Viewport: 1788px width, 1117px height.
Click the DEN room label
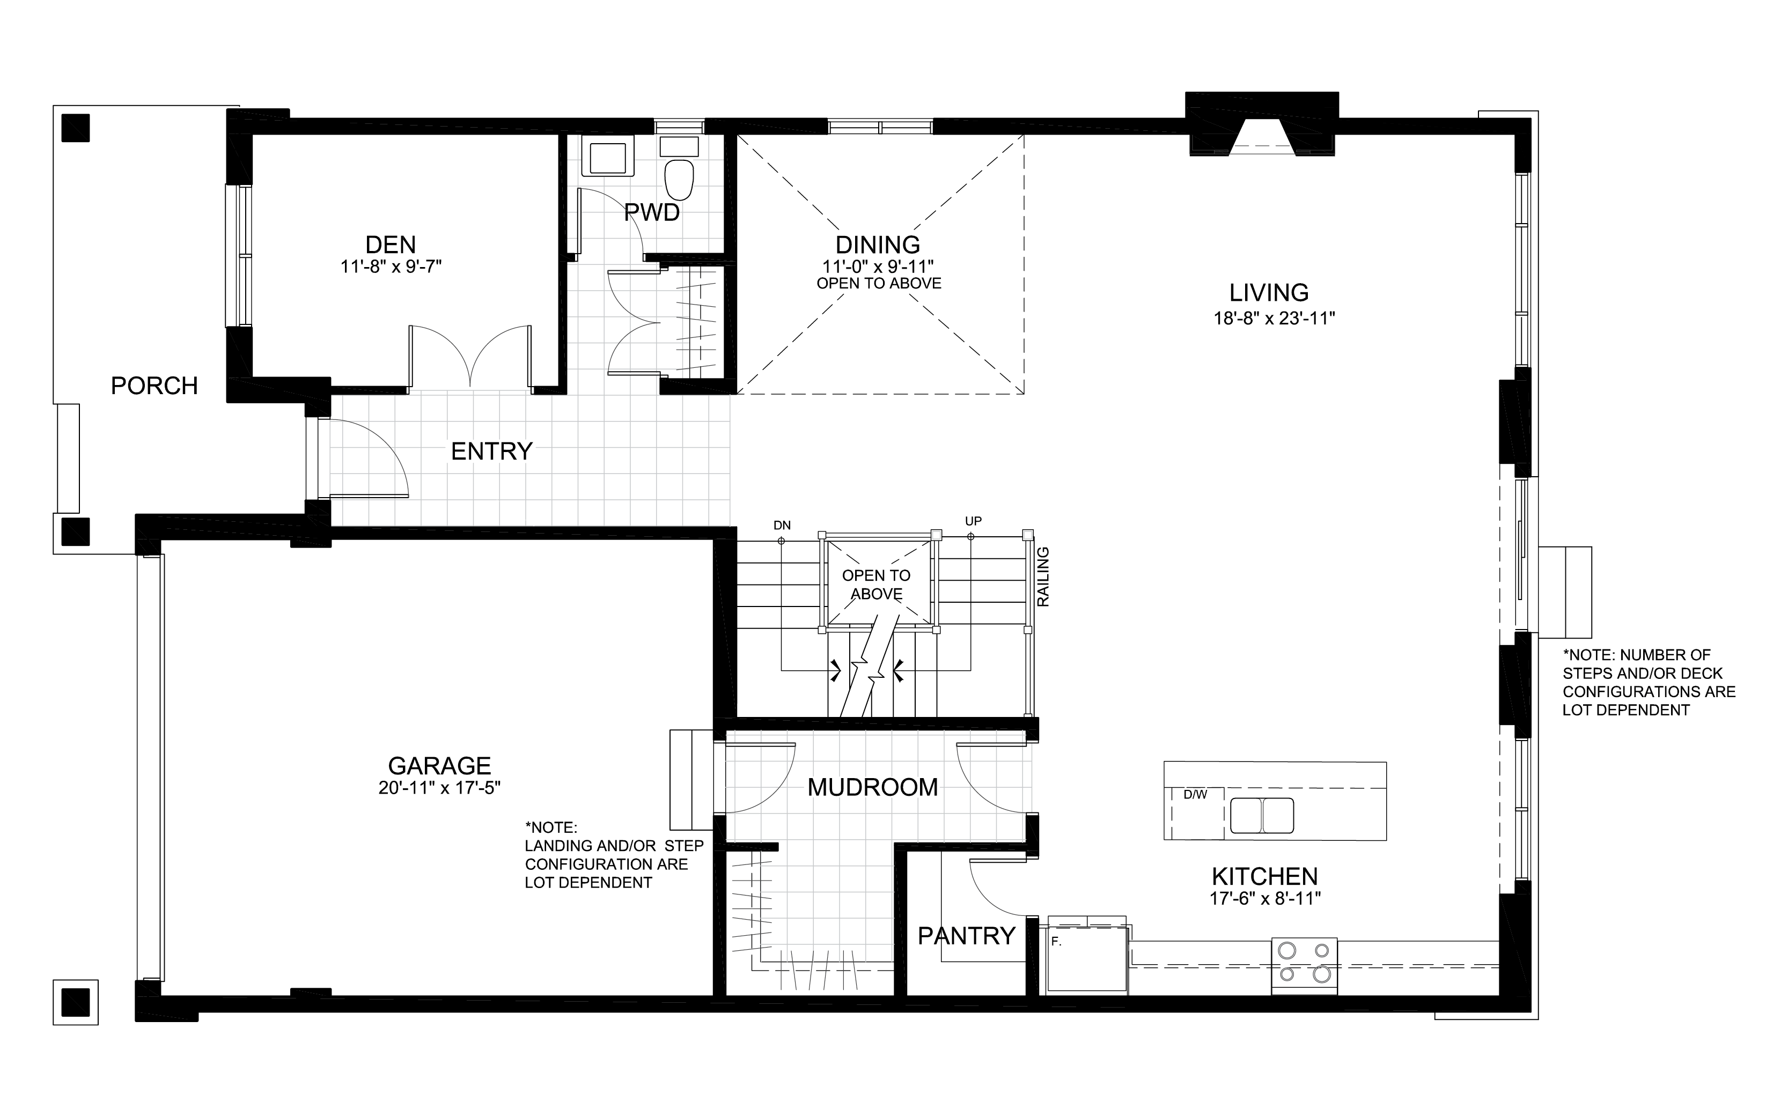coord(391,245)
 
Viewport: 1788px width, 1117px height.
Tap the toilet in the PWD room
coord(679,170)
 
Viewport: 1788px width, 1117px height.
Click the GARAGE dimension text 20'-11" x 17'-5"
coord(439,788)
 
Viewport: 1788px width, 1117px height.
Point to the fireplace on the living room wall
coord(1262,125)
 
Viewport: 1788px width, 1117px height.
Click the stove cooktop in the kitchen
coord(1304,965)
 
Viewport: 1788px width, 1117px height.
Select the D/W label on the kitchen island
coord(1195,795)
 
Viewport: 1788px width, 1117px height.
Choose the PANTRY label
coord(966,936)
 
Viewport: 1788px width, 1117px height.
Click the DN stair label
coord(782,526)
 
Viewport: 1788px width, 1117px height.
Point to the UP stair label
coord(973,522)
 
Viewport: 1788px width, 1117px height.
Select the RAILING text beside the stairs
coord(1043,577)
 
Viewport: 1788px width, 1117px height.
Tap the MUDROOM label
coord(873,788)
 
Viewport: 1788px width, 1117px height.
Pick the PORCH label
coord(154,386)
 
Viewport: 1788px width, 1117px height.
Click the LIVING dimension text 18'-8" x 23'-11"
coord(1275,319)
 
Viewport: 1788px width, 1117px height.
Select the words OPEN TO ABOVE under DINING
coord(879,283)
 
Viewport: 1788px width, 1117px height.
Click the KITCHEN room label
coord(1265,876)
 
